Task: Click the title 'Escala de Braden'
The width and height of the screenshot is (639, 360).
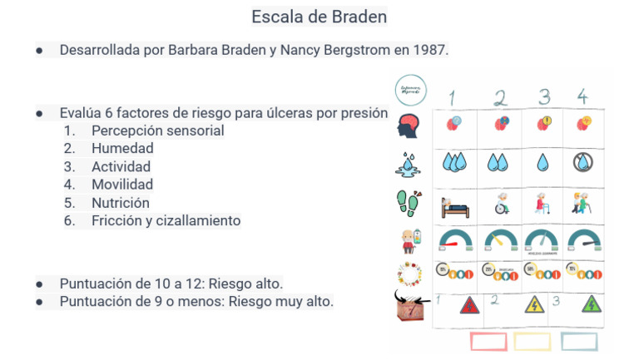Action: (319, 17)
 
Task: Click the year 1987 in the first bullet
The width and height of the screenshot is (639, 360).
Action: (428, 50)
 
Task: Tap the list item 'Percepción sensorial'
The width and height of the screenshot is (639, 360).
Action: (158, 131)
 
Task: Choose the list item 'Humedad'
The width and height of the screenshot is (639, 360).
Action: (122, 149)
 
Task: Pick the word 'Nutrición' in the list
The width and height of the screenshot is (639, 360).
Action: (121, 203)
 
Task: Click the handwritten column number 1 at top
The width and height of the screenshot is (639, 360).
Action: (452, 97)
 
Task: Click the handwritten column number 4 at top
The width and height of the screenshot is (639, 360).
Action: (582, 96)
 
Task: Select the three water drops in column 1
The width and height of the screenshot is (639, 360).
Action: (454, 162)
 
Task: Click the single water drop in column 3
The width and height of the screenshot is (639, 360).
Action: (542, 162)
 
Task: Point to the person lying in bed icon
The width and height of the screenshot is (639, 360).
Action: (454, 205)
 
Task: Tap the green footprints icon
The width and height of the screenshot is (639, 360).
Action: (409, 202)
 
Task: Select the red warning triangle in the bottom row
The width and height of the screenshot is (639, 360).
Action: (469, 304)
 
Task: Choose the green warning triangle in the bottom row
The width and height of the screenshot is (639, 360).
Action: (592, 304)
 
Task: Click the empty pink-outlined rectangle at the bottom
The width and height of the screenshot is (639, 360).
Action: (488, 342)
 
